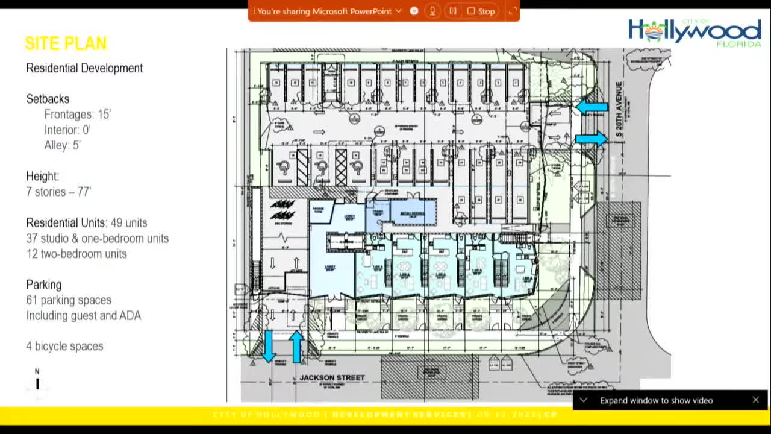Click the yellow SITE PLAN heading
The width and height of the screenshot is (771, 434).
click(x=66, y=43)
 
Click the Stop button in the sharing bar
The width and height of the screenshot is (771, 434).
click(x=481, y=11)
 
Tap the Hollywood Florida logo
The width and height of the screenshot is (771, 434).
click(x=694, y=32)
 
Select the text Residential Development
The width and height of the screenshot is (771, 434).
click(x=84, y=68)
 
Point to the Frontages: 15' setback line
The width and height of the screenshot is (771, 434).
click(x=77, y=115)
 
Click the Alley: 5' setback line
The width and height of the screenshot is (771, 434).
click(x=62, y=145)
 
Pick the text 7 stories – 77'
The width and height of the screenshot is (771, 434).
click(x=58, y=192)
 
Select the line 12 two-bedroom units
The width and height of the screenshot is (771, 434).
click(x=76, y=254)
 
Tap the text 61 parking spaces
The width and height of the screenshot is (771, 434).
click(x=69, y=300)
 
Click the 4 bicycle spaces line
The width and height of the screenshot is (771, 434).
click(x=64, y=346)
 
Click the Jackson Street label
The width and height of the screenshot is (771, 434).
click(x=332, y=378)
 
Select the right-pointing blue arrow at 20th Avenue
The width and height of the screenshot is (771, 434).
click(x=591, y=139)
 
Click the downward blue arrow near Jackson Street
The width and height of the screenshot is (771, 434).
click(x=269, y=347)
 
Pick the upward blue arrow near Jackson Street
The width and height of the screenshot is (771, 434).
click(x=296, y=347)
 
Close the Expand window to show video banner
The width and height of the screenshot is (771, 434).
click(x=755, y=400)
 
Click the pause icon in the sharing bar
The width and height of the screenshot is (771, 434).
click(x=453, y=11)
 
